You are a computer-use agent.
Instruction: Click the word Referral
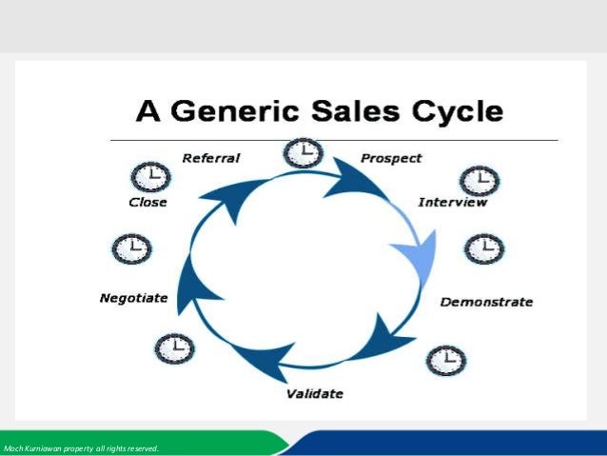210,158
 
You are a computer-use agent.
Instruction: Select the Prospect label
391,157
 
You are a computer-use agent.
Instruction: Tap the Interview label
453,202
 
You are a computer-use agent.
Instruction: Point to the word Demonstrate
486,302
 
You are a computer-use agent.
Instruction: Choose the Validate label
315,393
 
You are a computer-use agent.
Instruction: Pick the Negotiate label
133,298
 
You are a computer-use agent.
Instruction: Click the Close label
147,202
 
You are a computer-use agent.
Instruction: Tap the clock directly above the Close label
149,176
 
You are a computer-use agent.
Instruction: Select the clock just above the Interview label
478,179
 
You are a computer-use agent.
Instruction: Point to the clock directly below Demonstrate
444,360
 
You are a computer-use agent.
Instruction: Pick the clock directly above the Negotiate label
131,249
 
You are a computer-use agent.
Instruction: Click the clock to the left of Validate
174,348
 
